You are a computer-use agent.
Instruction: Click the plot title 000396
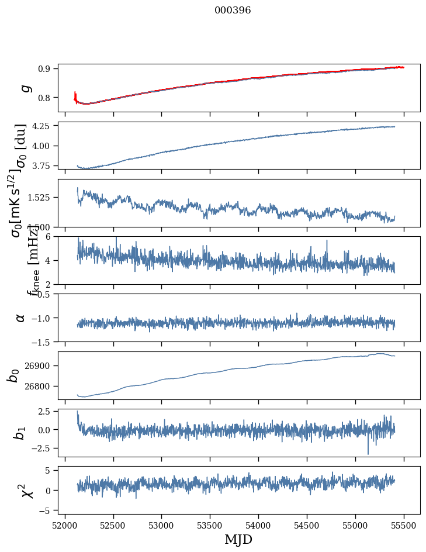[233, 11]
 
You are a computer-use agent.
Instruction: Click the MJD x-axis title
[238, 539]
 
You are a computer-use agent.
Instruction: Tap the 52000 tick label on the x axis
[65, 525]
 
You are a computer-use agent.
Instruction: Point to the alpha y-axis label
[21, 318]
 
